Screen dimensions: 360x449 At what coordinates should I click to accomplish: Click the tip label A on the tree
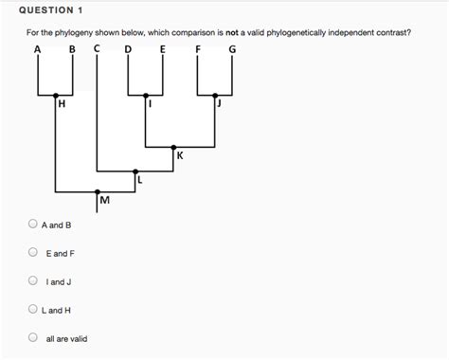pyautogui.click(x=38, y=49)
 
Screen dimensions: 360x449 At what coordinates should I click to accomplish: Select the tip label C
pyautogui.click(x=98, y=49)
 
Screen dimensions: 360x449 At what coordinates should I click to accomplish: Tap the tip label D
pyautogui.click(x=129, y=49)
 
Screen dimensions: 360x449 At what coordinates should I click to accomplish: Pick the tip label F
pyautogui.click(x=198, y=49)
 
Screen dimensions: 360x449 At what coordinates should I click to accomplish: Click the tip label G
pyautogui.click(x=232, y=49)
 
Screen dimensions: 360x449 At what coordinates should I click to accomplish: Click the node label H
pyautogui.click(x=63, y=106)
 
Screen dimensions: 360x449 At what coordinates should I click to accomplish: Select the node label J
pyautogui.click(x=219, y=105)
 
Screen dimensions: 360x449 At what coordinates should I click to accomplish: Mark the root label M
pyautogui.click(x=104, y=200)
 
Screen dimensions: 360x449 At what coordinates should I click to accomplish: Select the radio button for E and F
pyautogui.click(x=34, y=254)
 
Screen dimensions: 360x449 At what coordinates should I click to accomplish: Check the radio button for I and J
pyautogui.click(x=34, y=281)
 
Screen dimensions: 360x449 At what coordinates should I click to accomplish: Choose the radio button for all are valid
pyautogui.click(x=34, y=338)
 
